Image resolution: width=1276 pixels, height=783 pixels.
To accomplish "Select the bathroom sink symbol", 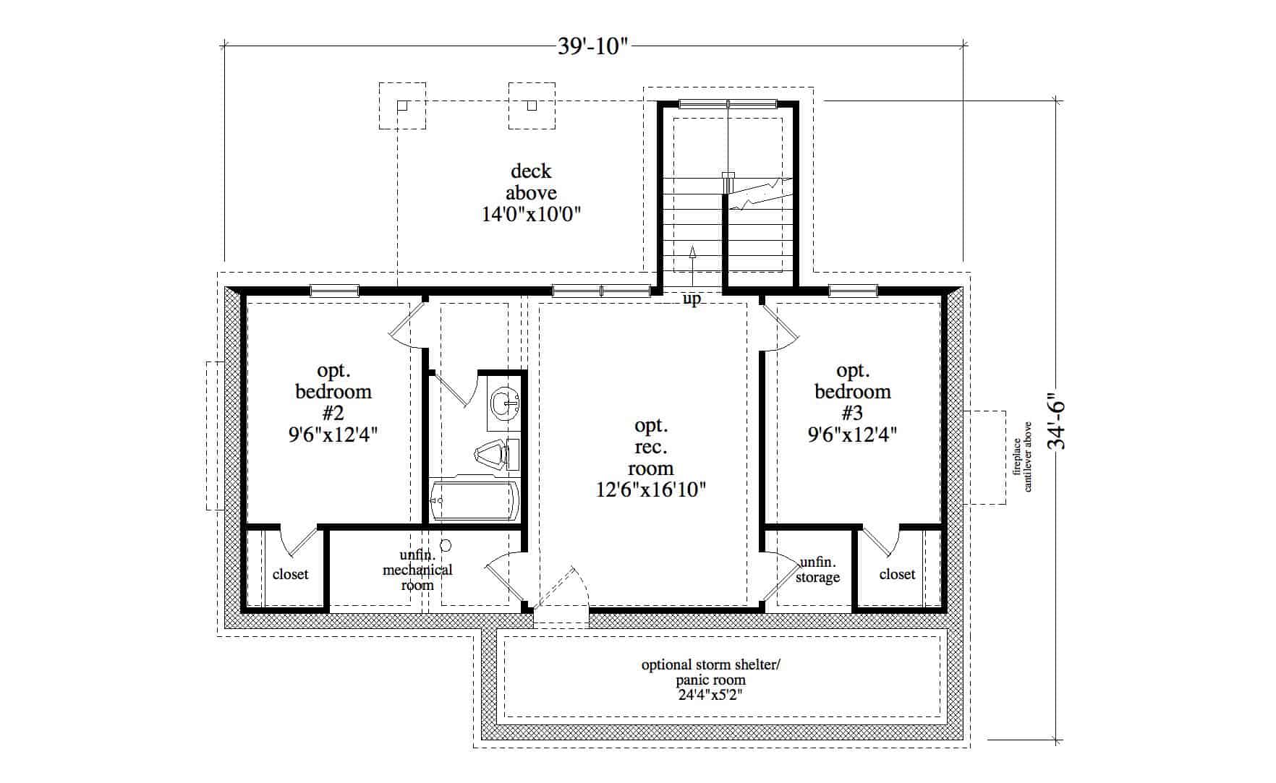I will click(504, 404).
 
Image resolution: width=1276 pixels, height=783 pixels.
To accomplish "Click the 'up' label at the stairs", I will click(692, 299).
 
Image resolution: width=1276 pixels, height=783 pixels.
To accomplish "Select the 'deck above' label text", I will click(532, 182).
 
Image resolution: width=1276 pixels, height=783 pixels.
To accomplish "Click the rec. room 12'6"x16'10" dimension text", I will click(650, 490).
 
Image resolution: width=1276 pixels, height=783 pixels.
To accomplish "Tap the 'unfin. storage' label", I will click(817, 570).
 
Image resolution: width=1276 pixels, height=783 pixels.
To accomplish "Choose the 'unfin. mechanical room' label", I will click(417, 570).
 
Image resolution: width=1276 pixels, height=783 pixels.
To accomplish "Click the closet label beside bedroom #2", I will click(290, 574).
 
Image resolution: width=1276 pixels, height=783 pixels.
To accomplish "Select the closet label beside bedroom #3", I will click(897, 574).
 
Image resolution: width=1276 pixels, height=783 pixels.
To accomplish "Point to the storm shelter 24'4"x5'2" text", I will click(710, 696).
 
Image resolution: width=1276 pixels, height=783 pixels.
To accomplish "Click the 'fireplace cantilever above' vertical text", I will click(1023, 464).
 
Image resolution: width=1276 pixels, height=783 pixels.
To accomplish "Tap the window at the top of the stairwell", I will click(727, 103).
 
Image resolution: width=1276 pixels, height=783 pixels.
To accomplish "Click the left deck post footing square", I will click(403, 106).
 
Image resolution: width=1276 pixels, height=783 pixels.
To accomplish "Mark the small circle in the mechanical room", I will click(446, 545).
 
